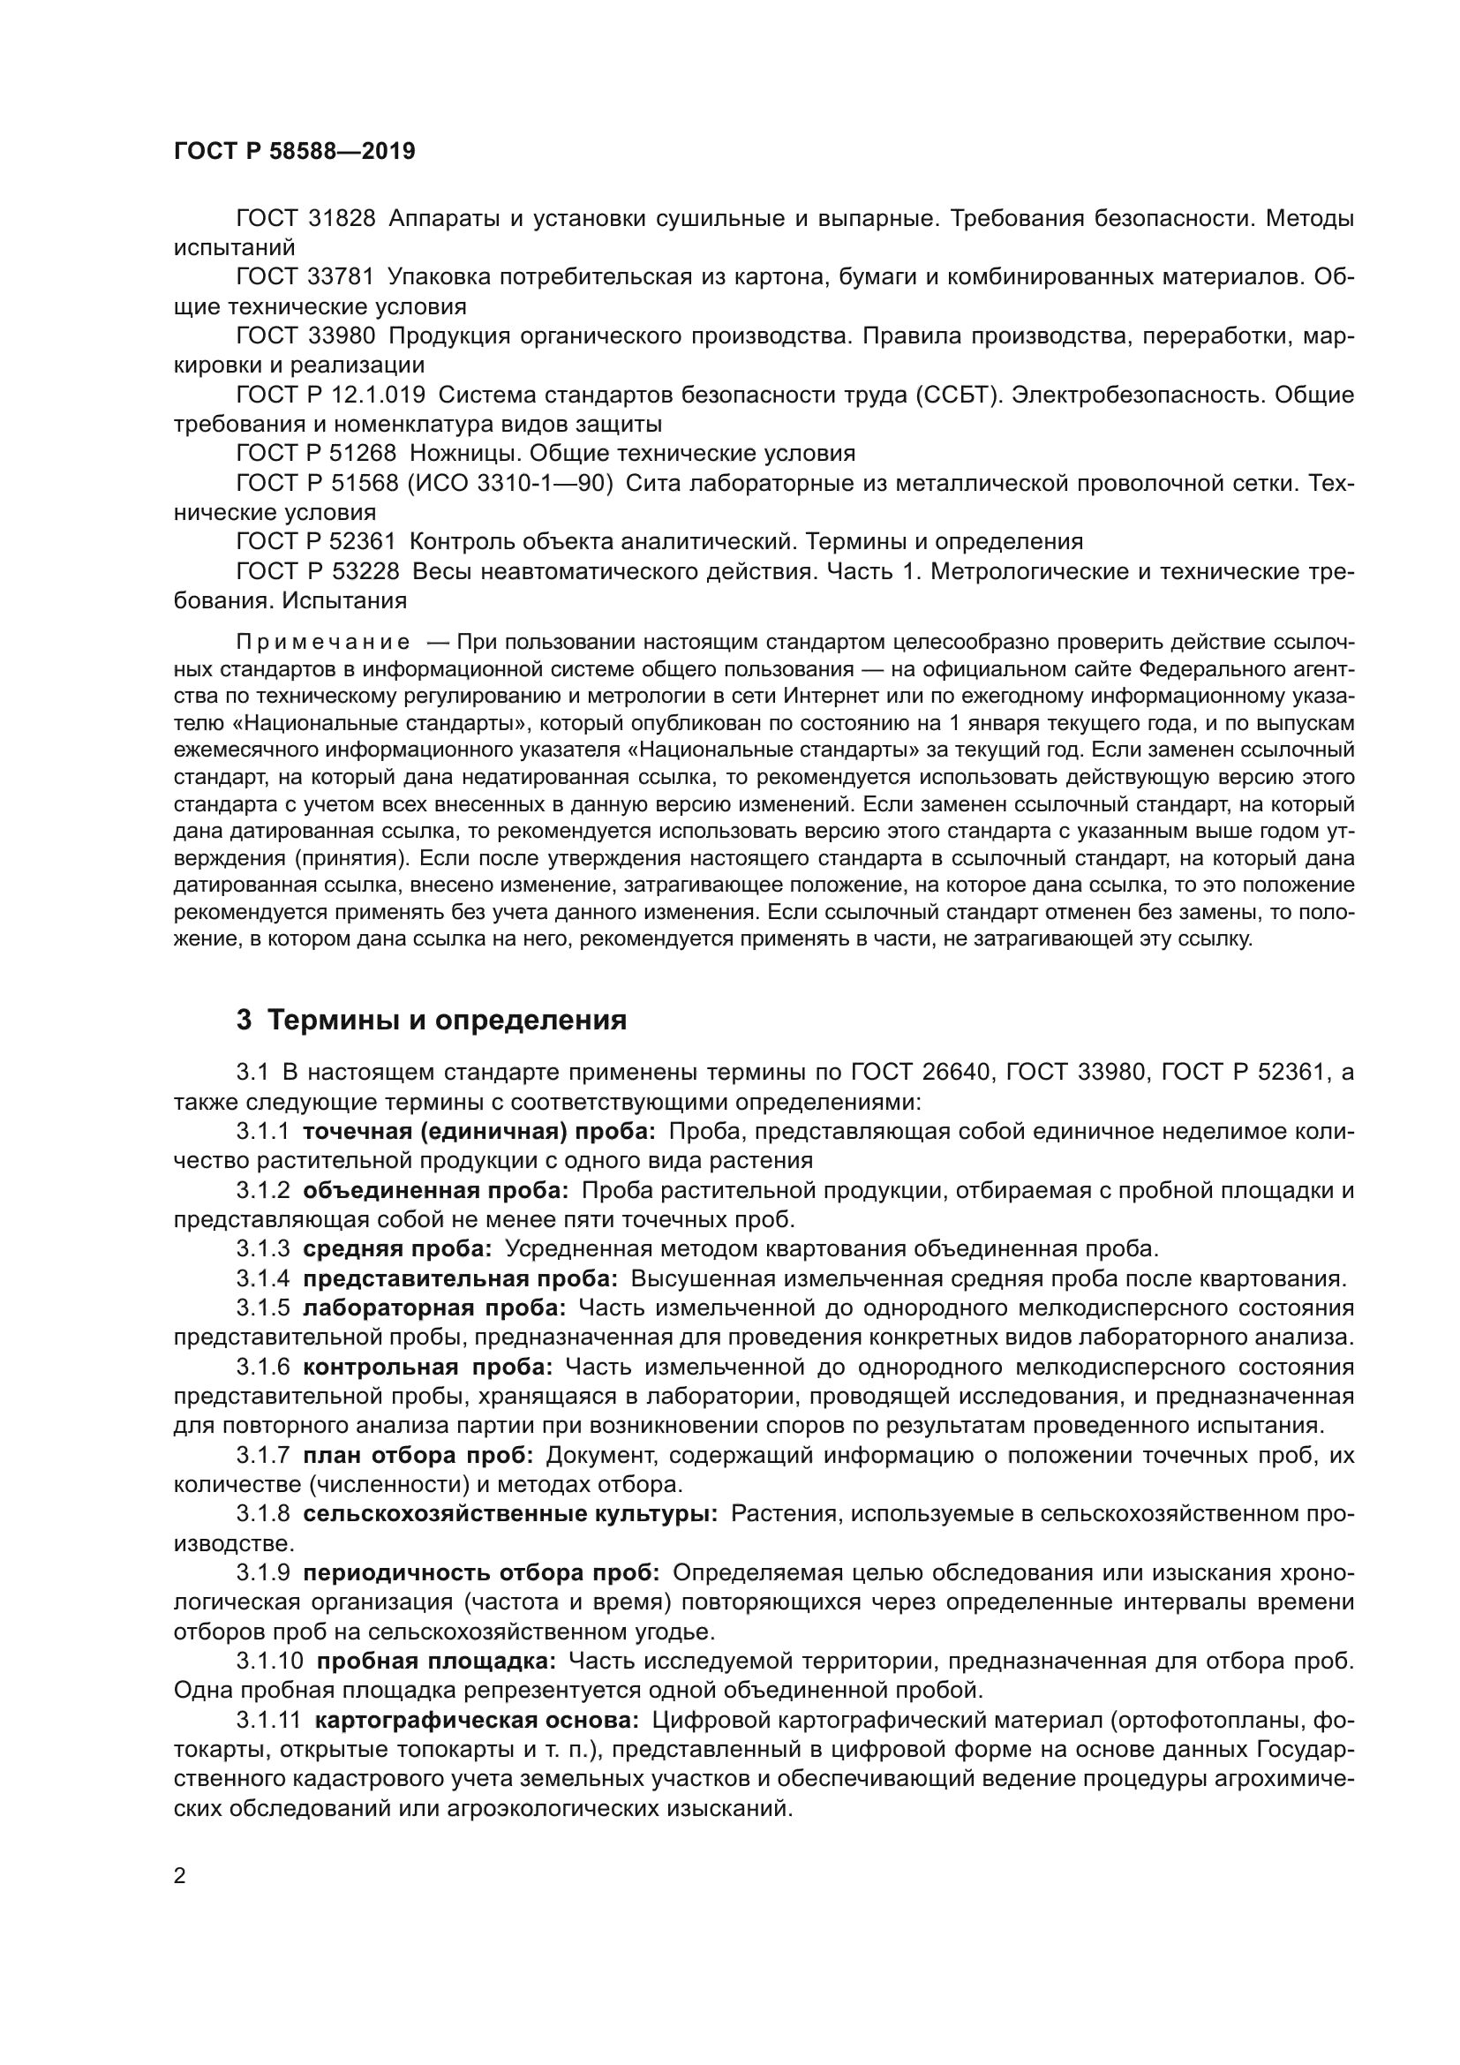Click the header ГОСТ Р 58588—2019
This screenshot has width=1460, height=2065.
[294, 151]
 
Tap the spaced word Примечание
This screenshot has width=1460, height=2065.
[323, 642]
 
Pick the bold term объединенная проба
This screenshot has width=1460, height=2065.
[435, 1190]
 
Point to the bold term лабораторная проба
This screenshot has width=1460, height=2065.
[434, 1308]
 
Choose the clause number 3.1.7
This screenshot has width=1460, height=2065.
[262, 1455]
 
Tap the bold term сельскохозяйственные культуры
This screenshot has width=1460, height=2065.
[509, 1514]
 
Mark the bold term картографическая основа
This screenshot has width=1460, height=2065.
[477, 1720]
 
